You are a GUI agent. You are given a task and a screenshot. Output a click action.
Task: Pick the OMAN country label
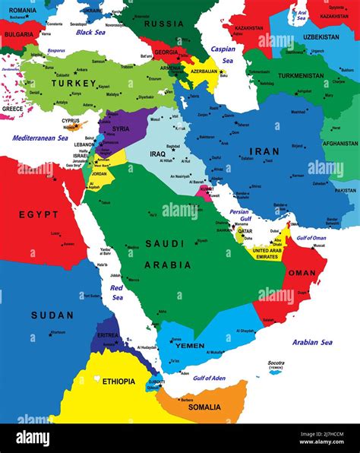coord(302,272)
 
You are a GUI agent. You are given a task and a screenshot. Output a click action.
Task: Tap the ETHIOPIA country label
coord(118,382)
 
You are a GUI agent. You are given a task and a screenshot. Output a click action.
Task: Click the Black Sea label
coord(90,33)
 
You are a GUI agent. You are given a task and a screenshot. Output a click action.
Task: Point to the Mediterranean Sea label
coord(38,138)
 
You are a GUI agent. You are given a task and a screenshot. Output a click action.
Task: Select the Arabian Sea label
coord(312,342)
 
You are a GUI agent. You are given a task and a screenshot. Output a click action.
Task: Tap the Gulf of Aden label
coord(210,378)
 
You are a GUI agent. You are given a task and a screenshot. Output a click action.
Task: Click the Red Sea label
coord(117,291)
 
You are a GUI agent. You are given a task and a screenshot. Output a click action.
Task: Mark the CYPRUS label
coord(70,120)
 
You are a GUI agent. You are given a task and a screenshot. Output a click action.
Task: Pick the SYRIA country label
coord(120,129)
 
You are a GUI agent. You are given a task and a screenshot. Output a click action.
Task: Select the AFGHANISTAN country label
coord(339,143)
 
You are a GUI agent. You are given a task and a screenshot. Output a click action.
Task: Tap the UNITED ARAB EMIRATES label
coord(267,254)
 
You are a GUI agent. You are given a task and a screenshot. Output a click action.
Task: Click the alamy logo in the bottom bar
coord(34,438)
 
